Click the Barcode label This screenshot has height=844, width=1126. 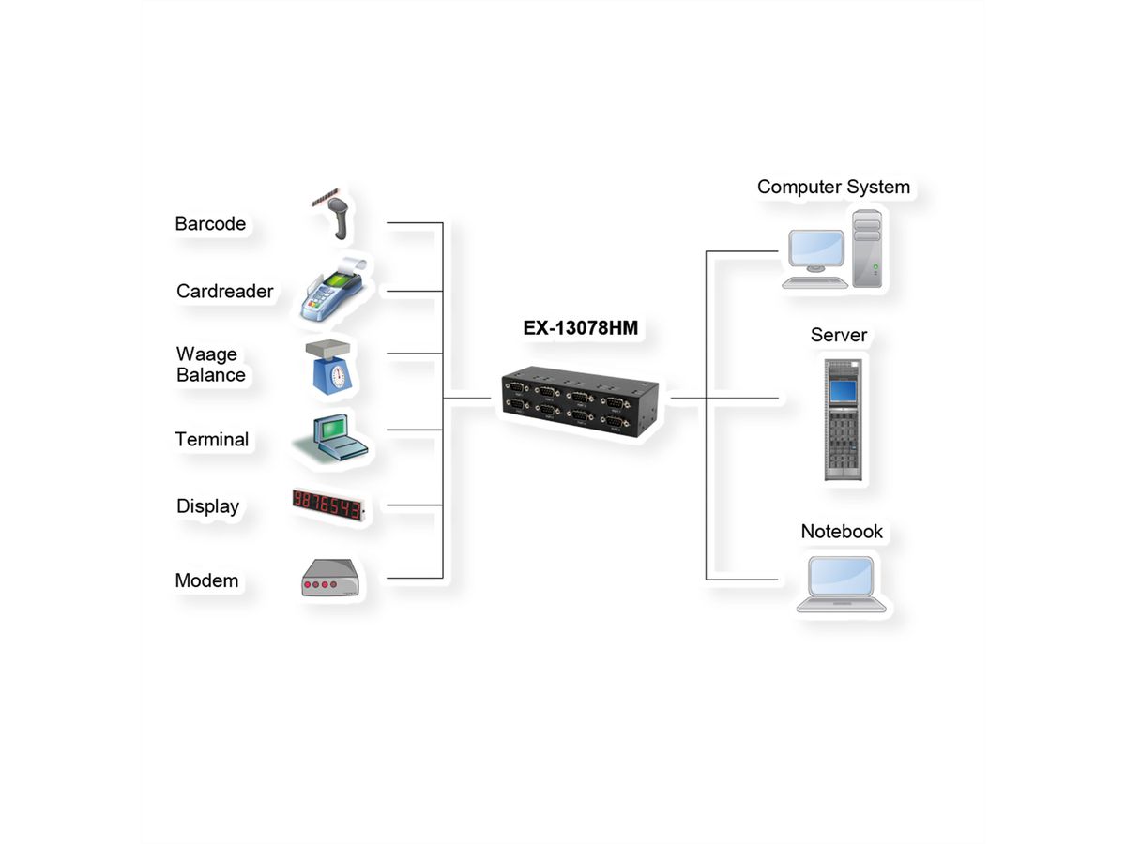point(210,224)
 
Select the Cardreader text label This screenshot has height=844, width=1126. point(224,292)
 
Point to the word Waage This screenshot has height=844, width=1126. point(206,354)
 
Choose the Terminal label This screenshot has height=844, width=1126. point(211,440)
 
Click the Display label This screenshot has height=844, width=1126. point(207,506)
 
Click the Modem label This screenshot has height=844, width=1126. point(206,580)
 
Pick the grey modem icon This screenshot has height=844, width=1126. point(329,579)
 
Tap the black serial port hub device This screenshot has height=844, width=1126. point(581,400)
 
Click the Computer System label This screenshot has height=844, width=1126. point(833,187)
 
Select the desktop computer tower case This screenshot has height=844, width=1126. point(867,248)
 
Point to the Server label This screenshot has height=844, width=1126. point(839,335)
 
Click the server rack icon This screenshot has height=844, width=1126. point(842,418)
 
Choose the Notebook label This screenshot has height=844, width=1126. point(842,532)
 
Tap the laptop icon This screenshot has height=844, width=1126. point(841,584)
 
